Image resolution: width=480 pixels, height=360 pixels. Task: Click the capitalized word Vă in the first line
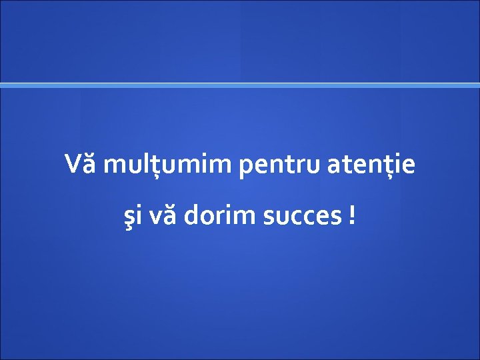coord(81,164)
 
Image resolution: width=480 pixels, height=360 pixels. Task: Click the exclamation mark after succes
coord(351,215)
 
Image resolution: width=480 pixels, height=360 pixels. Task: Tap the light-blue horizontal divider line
coord(240,85)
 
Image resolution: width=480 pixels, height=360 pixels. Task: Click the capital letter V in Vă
coord(74,164)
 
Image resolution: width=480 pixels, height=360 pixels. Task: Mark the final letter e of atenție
coord(407,165)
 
